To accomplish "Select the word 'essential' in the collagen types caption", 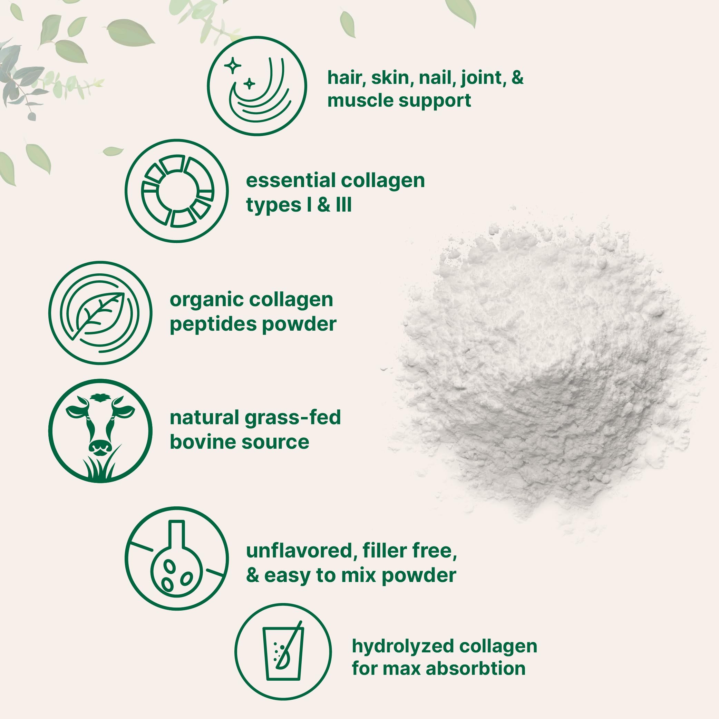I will click(290, 181).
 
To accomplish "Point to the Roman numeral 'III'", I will click(343, 205).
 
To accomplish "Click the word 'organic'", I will click(206, 300).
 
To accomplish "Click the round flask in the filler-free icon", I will click(176, 570).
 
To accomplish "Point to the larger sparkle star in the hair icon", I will click(233, 66).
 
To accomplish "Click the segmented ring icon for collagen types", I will click(177, 191).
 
